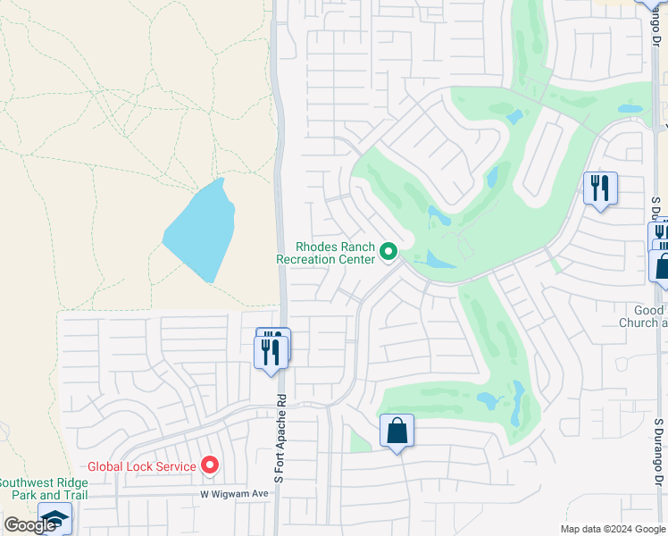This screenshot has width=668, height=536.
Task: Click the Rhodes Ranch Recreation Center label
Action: tap(325, 253)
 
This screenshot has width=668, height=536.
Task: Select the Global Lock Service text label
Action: tap(141, 466)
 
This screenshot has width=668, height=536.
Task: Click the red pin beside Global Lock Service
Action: tap(210, 465)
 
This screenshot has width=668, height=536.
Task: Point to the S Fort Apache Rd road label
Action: tap(280, 441)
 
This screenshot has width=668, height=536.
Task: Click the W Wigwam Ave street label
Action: tap(234, 493)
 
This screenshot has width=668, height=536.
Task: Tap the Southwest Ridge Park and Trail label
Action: tap(43, 489)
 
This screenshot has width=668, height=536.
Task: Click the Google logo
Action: tap(29, 525)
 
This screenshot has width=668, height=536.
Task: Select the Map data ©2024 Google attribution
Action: tap(614, 529)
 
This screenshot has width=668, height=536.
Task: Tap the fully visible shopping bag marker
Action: tap(397, 431)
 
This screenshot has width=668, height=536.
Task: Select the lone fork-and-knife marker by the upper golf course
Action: tap(599, 188)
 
